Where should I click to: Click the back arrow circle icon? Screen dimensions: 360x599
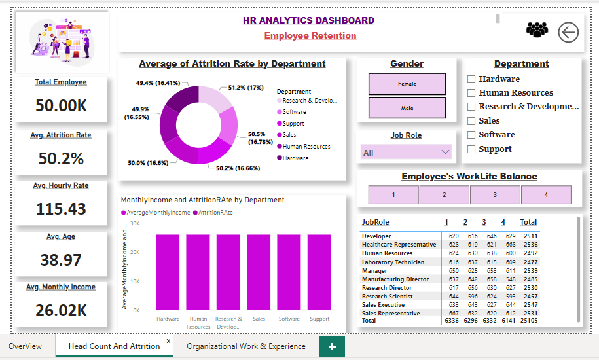point(568,31)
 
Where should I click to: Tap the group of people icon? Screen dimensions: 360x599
point(537,30)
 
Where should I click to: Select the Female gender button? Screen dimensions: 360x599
point(407,84)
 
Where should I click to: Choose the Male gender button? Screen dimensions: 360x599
point(407,107)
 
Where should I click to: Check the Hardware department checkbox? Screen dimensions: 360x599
point(471,79)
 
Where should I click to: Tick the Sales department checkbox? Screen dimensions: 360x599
point(471,121)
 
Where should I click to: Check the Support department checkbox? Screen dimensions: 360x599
point(471,149)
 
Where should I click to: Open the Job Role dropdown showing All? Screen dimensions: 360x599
point(407,153)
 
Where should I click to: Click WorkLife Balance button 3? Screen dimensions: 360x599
point(495,195)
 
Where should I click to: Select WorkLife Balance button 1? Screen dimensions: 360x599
point(393,195)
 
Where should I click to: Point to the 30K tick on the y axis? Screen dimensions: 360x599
point(135,223)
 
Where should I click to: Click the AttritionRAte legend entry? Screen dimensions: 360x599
point(215,213)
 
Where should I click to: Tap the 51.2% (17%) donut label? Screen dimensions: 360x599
point(245,87)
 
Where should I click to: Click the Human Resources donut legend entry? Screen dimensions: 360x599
point(306,147)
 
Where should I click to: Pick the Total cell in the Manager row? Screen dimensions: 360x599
point(530,270)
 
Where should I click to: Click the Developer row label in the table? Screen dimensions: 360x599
point(376,236)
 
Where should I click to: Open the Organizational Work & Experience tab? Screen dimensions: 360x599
point(246,346)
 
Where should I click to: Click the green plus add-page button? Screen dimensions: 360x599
point(332,346)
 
